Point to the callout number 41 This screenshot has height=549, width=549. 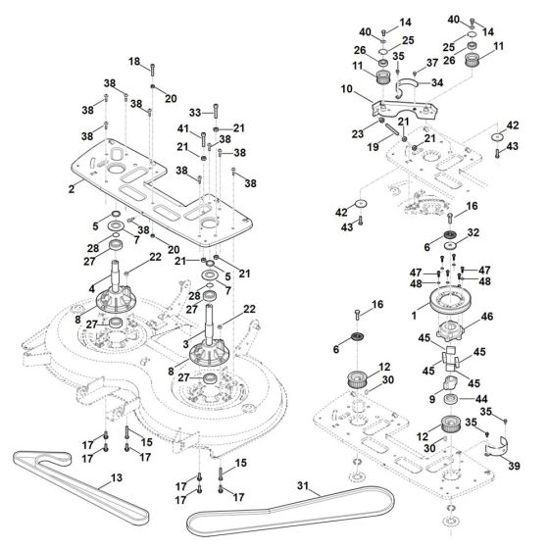(x=182, y=129)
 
